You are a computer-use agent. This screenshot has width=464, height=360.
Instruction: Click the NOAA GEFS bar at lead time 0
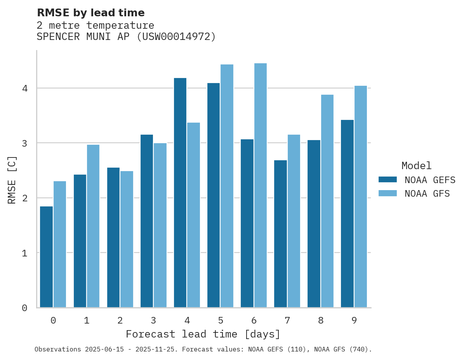[46, 257]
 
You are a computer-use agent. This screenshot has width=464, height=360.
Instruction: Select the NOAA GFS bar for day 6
[260, 185]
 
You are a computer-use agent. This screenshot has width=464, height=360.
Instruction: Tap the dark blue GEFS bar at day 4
[180, 193]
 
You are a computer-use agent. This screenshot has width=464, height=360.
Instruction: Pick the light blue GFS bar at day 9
[360, 197]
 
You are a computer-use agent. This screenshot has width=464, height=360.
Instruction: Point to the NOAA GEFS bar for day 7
[280, 234]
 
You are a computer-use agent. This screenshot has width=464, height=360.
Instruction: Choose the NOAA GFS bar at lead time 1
[93, 226]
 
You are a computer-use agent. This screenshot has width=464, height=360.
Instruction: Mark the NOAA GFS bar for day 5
[227, 186]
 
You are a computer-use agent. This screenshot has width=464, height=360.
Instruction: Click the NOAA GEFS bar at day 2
[113, 237]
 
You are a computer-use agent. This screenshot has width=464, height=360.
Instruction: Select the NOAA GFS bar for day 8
[327, 201]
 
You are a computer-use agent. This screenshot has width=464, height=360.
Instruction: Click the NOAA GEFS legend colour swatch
[388, 180]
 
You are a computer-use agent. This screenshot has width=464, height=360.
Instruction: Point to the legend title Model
[416, 166]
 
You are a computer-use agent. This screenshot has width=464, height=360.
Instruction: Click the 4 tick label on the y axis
[25, 88]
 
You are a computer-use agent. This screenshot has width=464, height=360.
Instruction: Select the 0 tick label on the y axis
[25, 308]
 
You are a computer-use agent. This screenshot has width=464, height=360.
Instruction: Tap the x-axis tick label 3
[153, 320]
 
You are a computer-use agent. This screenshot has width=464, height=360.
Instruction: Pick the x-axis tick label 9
[354, 320]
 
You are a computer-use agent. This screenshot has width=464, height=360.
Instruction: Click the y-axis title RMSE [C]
[12, 180]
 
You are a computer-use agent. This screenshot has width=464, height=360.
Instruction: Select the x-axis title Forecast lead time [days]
[203, 334]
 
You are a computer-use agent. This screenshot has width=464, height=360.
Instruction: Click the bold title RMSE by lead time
[90, 13]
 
